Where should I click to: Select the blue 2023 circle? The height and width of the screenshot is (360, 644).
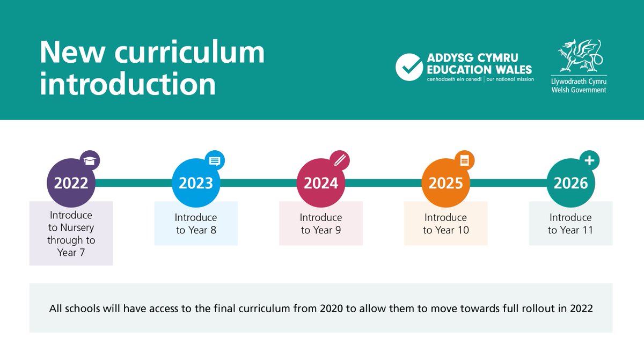coord(196,183)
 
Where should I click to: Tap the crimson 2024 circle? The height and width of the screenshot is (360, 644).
coord(321,183)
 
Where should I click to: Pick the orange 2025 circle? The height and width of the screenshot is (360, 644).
coord(445,183)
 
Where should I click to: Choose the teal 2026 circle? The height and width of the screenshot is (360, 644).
coord(570,183)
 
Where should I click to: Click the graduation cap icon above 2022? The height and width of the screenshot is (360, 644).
coord(91,160)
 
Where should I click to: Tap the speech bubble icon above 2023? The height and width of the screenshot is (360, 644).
coord(215,160)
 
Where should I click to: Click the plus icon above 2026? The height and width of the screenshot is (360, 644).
coord(590,160)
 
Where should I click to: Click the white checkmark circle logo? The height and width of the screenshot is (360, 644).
coord(409,67)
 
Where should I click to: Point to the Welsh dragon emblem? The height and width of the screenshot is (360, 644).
coord(578,56)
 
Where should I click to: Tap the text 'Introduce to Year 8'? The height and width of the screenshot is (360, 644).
coord(196,224)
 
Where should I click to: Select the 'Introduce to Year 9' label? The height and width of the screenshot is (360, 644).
coord(321,224)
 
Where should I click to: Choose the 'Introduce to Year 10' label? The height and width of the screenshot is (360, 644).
coord(445,224)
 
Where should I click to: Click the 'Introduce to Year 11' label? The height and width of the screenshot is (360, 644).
coord(570,224)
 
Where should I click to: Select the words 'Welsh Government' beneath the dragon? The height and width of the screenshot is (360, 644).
coord(579,90)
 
